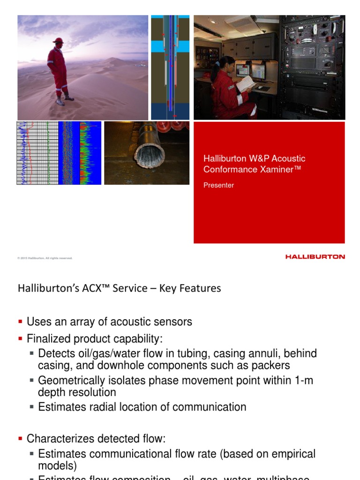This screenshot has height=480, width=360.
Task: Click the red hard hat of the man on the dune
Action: click(x=58, y=40)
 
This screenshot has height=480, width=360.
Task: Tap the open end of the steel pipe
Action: click(x=150, y=153)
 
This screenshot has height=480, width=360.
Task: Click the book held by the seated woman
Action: click(x=245, y=84)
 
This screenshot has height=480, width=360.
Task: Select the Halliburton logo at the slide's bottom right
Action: click(x=315, y=257)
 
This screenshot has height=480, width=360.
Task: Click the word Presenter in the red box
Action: click(x=218, y=185)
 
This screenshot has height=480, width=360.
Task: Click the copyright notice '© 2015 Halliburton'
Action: click(x=45, y=258)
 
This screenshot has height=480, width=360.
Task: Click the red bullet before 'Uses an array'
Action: click(x=20, y=322)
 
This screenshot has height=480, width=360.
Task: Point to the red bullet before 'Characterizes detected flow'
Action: click(x=20, y=439)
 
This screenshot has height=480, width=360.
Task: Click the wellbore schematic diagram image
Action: click(x=170, y=67)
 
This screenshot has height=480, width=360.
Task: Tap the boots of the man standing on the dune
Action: click(x=65, y=100)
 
